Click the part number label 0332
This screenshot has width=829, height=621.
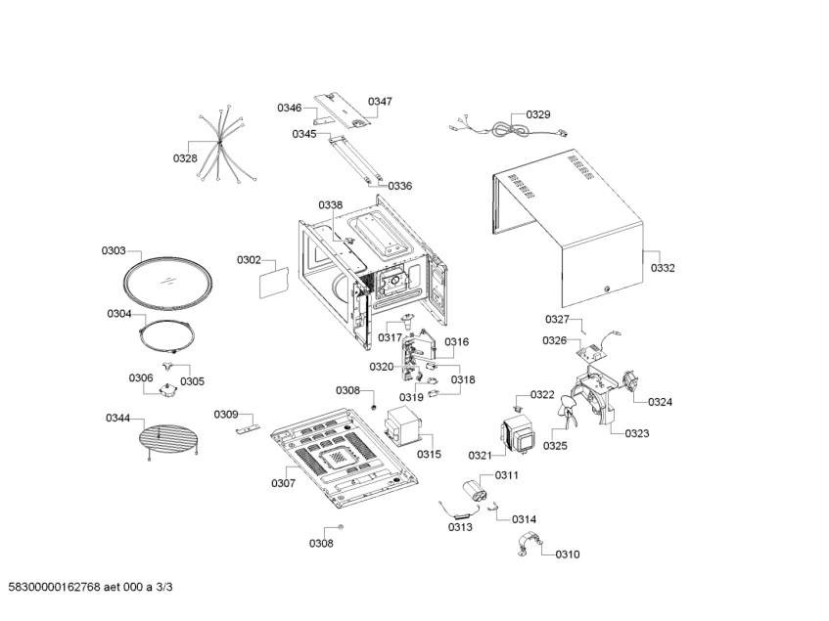(x=663, y=267)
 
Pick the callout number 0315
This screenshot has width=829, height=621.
(x=429, y=454)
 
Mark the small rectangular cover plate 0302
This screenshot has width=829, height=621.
(x=272, y=284)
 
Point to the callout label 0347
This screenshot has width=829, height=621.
(x=380, y=102)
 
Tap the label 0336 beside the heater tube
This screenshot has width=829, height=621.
(x=399, y=185)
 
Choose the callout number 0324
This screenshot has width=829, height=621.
(x=660, y=401)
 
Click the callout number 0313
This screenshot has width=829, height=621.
(x=460, y=527)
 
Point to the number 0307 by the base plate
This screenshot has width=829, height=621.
(x=284, y=483)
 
